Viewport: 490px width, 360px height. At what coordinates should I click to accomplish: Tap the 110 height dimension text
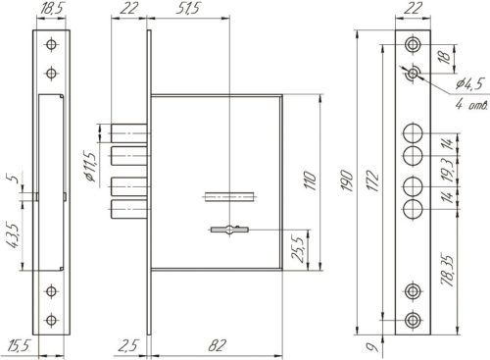310,180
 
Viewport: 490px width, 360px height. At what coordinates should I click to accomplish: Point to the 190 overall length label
346,180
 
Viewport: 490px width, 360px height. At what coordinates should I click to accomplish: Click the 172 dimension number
372,180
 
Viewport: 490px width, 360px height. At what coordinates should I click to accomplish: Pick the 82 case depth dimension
217,345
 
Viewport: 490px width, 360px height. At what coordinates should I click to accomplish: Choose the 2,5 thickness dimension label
128,346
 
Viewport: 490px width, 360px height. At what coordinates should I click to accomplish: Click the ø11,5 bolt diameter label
89,166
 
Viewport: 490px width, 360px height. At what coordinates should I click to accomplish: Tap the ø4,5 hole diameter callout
469,84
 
